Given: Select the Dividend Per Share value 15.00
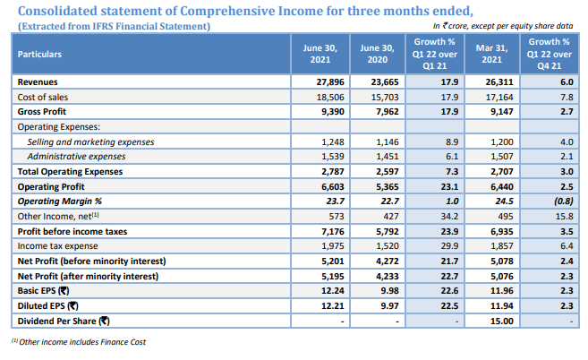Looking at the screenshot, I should pyautogui.click(x=499, y=321).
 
